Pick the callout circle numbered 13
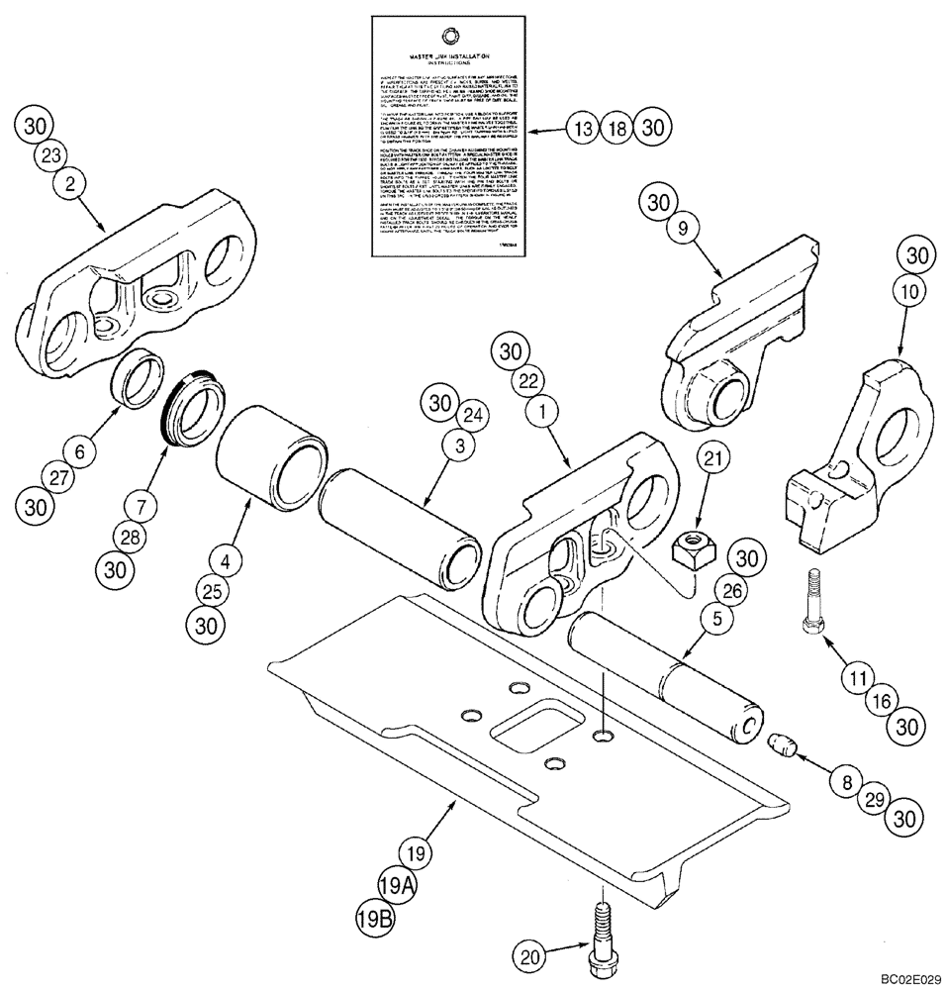pos(584,128)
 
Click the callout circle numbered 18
pos(618,128)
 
